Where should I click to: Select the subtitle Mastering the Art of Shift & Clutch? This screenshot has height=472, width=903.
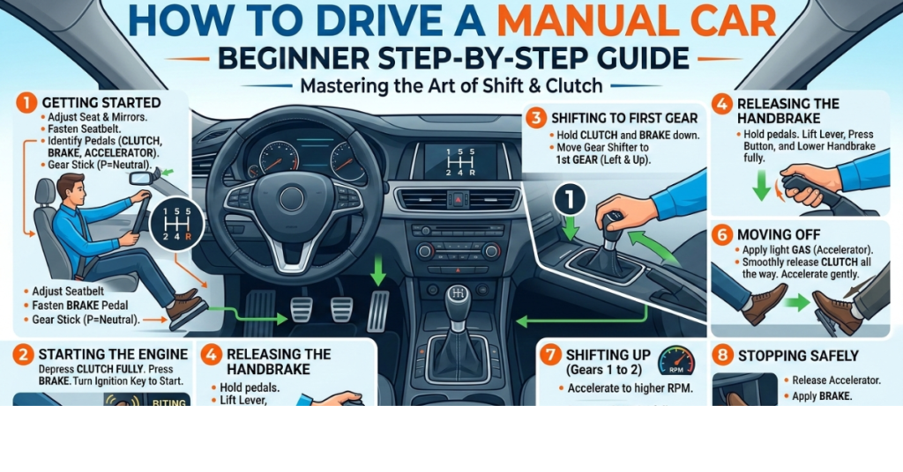[x=451, y=87]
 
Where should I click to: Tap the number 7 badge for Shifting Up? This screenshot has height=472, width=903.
[x=549, y=355]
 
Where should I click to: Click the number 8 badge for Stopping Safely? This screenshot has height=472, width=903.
[x=722, y=355]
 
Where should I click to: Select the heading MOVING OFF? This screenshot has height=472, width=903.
[x=781, y=233]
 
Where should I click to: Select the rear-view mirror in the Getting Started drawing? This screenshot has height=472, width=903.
[x=141, y=177]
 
